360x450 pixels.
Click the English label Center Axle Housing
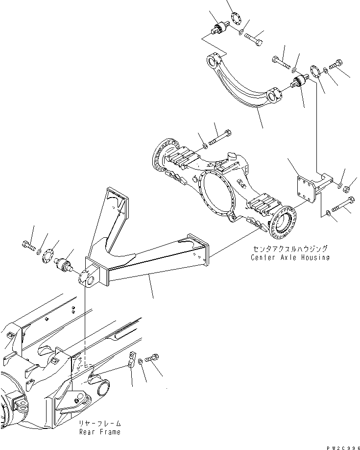290,257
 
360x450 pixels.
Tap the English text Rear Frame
100,432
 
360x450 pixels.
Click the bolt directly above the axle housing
220,138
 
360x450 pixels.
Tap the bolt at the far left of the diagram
29,245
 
